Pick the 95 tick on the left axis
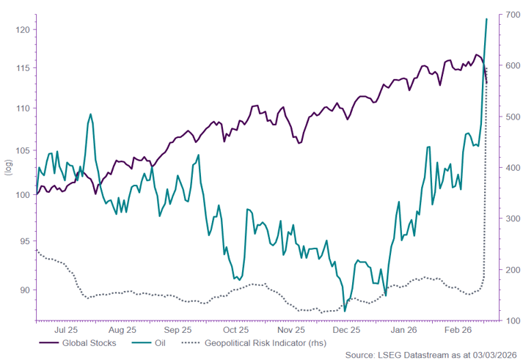pyautogui.click(x=25, y=241)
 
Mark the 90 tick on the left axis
pyautogui.click(x=25, y=290)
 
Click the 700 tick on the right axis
pyautogui.click(x=511, y=15)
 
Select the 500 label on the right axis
pyautogui.click(x=511, y=117)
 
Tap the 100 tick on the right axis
pyautogui.click(x=511, y=320)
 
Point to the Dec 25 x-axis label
pyautogui.click(x=346, y=330)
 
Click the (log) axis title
pyautogui.click(x=9, y=167)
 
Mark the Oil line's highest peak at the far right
pyautogui.click(x=486, y=19)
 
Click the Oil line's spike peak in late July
pyautogui.click(x=90, y=114)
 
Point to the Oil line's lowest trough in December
pyautogui.click(x=345, y=311)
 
